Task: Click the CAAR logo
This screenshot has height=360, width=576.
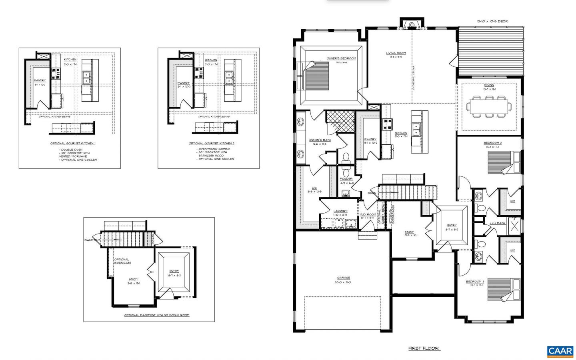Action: [x=560, y=351]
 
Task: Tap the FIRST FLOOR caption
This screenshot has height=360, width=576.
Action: [x=424, y=348]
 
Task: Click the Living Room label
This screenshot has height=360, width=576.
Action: [x=396, y=53]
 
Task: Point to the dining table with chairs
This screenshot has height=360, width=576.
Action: [x=489, y=106]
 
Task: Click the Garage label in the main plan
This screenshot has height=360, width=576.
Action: [x=343, y=278]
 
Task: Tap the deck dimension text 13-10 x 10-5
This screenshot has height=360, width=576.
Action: [x=492, y=21]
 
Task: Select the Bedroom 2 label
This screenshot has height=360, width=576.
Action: [x=492, y=143]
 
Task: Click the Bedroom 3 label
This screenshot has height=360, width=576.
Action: [x=475, y=282]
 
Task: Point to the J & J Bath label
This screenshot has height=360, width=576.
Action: [x=497, y=223]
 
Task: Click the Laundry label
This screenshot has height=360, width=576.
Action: [x=340, y=211]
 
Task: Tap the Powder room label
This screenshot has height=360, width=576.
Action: [x=346, y=179]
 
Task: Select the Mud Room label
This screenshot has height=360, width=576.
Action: [x=367, y=214]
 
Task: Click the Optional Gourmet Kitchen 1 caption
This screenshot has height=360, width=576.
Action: [x=73, y=143]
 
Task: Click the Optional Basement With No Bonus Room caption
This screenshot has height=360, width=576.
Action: [x=156, y=315]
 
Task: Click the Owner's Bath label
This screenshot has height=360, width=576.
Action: [x=320, y=140]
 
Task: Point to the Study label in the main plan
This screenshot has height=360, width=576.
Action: [x=409, y=232]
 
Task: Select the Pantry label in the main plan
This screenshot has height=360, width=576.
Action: [x=370, y=139]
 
